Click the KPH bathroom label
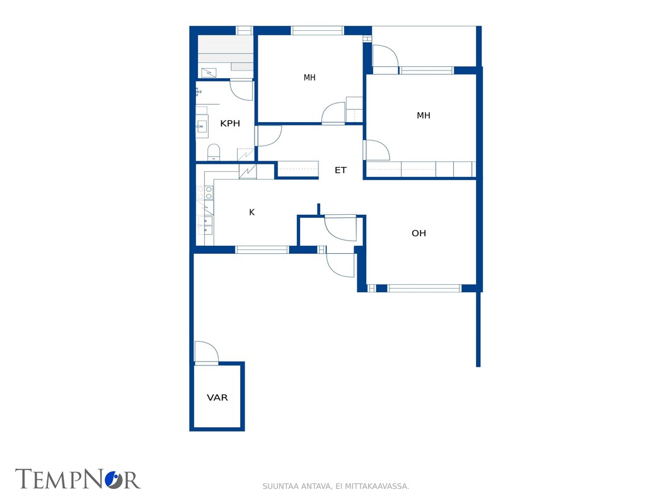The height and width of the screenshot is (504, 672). [229, 123]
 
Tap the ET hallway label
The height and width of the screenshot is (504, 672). [340, 171]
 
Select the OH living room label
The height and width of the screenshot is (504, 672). [419, 233]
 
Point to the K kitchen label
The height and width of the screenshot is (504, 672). [252, 212]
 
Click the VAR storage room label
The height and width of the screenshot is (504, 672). [217, 398]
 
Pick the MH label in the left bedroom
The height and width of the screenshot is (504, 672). [310, 77]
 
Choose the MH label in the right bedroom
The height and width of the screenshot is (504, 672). [424, 115]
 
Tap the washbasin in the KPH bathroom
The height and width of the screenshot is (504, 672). [202, 127]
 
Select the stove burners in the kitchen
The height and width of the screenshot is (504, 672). [205, 193]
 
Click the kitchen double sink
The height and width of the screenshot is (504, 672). [205, 226]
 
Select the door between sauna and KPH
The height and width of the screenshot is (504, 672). [241, 90]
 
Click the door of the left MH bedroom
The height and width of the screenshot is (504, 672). [333, 113]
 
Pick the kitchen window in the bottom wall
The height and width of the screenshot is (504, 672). [262, 249]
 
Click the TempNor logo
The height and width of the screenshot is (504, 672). [78, 479]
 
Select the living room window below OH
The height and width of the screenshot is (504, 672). [424, 288]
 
